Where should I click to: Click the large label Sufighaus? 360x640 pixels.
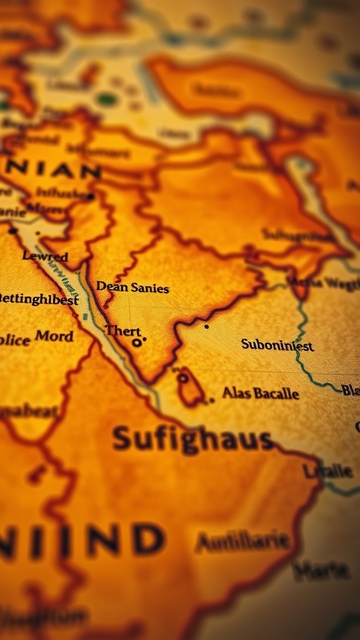(x=192, y=440)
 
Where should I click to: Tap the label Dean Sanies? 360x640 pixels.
(x=132, y=287)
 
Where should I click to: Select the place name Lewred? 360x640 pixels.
(x=45, y=256)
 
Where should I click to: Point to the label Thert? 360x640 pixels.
(x=122, y=331)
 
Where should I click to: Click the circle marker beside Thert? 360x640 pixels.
(x=136, y=342)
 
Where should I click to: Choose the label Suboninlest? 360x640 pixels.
(x=277, y=344)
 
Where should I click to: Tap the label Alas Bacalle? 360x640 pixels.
(x=261, y=394)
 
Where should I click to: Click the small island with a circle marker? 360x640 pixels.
(x=189, y=387)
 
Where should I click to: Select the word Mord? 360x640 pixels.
(x=54, y=336)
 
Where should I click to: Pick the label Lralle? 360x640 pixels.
(x=328, y=471)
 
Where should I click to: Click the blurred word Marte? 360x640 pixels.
(x=321, y=569)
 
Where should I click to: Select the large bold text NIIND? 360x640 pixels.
(x=81, y=540)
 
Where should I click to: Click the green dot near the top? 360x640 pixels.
(x=107, y=99)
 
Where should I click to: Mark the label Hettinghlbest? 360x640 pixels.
(x=39, y=299)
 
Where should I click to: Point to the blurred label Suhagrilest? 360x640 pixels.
(x=297, y=236)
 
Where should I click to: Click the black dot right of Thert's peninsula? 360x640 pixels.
(x=206, y=326)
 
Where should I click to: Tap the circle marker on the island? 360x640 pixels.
(x=182, y=377)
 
